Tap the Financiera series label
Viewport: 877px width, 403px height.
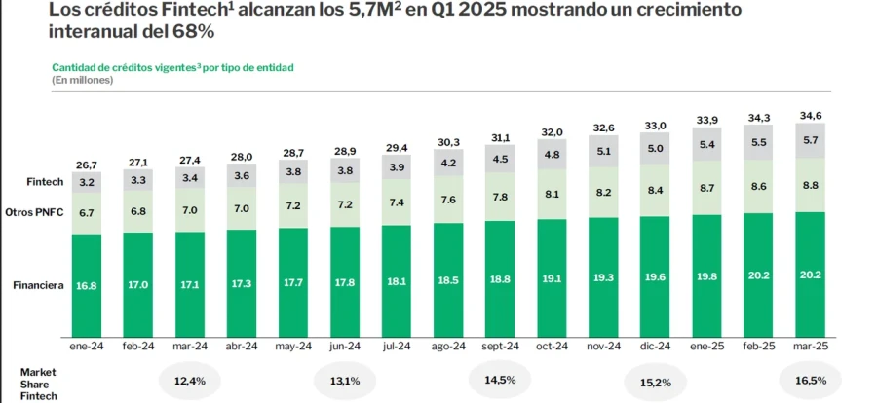coord(38,286)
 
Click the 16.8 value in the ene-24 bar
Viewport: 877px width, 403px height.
coord(87,286)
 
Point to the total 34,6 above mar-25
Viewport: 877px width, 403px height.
coord(810,115)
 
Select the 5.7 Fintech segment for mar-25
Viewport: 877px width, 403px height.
coord(810,140)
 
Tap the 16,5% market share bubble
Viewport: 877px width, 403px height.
coord(811,381)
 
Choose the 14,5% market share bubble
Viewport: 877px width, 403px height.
coord(500,381)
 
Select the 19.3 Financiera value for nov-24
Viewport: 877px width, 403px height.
coord(603,277)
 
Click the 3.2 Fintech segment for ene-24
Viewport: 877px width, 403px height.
coord(87,182)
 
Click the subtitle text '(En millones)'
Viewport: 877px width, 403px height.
coord(83,80)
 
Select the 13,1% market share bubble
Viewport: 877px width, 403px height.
coord(344,381)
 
